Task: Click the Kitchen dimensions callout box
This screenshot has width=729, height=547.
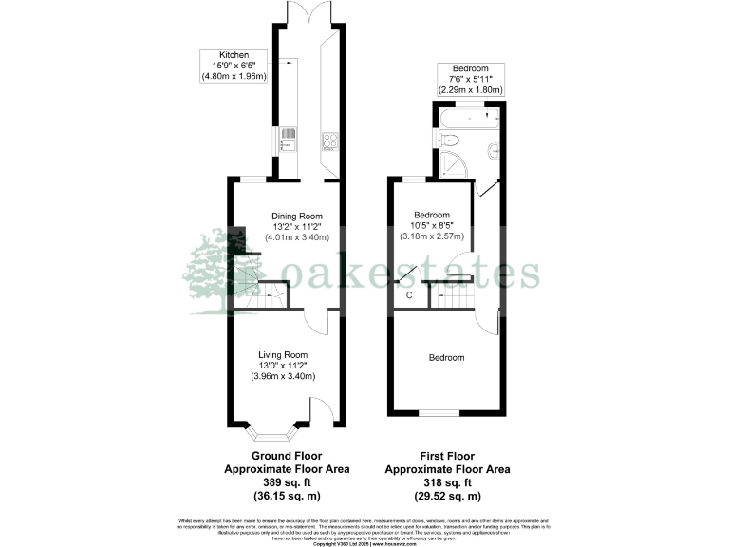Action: pyautogui.click(x=234, y=66)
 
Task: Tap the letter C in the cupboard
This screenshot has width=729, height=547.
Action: pyautogui.click(x=409, y=295)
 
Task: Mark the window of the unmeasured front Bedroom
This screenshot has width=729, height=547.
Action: pyautogui.click(x=439, y=413)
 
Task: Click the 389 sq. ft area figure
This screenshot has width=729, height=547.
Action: pyautogui.click(x=288, y=482)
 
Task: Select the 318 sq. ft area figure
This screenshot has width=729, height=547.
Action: pyautogui.click(x=446, y=482)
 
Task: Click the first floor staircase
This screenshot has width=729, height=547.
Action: pyautogui.click(x=454, y=296)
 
